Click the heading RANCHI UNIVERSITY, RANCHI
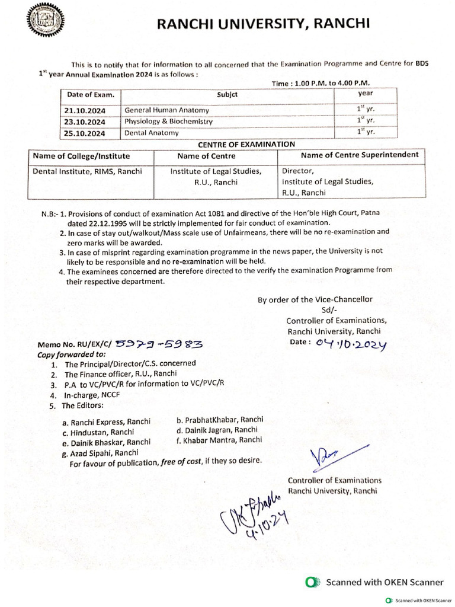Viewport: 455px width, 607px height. click(x=263, y=24)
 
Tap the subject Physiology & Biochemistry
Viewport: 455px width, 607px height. click(x=168, y=122)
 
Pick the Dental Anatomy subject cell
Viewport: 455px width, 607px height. click(x=151, y=133)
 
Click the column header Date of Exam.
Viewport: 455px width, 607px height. click(x=86, y=94)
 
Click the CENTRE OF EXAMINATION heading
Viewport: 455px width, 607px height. click(x=246, y=143)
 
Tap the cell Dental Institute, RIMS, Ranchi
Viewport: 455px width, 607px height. click(x=88, y=172)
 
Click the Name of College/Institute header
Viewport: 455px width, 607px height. click(x=82, y=156)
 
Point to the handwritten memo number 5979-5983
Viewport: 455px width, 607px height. click(x=160, y=343)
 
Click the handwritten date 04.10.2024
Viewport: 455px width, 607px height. click(x=351, y=344)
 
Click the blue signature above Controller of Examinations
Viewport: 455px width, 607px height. click(x=328, y=457)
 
